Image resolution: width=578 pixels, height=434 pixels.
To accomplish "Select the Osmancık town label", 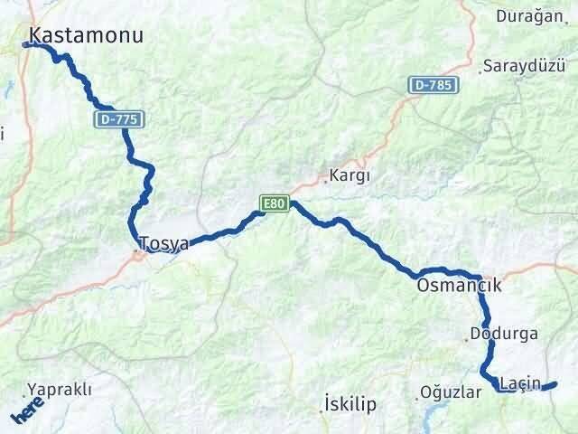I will pos(459,285).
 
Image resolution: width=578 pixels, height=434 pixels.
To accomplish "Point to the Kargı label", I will pos(351,176).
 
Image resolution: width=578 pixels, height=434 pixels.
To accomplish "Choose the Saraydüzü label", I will pos(523,66).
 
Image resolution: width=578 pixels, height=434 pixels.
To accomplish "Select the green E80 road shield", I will pos(275,204).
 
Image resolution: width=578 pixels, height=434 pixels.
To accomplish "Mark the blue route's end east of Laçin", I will pos(554,384).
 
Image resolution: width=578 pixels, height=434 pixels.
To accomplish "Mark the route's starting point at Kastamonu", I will pos(26,43).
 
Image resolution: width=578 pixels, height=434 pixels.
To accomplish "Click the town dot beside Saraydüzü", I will pos(480,69).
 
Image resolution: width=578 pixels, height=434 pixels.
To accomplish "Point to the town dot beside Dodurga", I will pos(467,339).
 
